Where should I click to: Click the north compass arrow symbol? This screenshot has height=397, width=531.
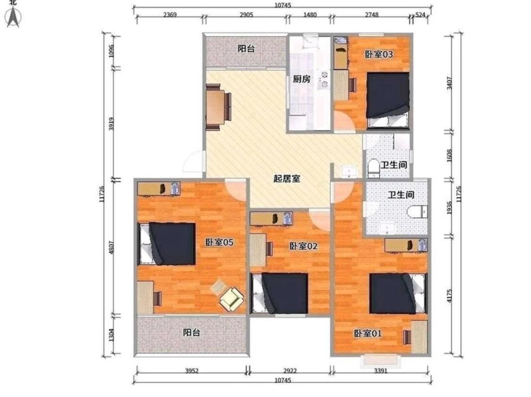tap(13, 18)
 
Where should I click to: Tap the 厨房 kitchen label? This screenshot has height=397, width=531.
tap(302, 79)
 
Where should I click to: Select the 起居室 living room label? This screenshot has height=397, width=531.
tap(287, 178)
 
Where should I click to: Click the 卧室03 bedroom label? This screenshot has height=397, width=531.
tap(379, 54)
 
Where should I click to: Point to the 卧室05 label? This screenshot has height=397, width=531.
tap(219, 242)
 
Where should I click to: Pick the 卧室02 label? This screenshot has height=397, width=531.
tap(303, 246)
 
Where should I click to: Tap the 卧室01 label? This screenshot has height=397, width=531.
tap(368, 333)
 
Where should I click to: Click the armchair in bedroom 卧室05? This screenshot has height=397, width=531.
tap(232, 298)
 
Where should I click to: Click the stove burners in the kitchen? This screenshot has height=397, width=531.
tap(325, 79)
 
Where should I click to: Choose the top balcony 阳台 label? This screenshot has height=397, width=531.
tap(246, 48)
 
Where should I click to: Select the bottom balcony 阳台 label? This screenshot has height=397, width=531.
tap(191, 332)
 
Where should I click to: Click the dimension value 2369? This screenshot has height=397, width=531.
tap(170, 15)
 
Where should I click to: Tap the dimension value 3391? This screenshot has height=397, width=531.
tap(380, 371)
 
